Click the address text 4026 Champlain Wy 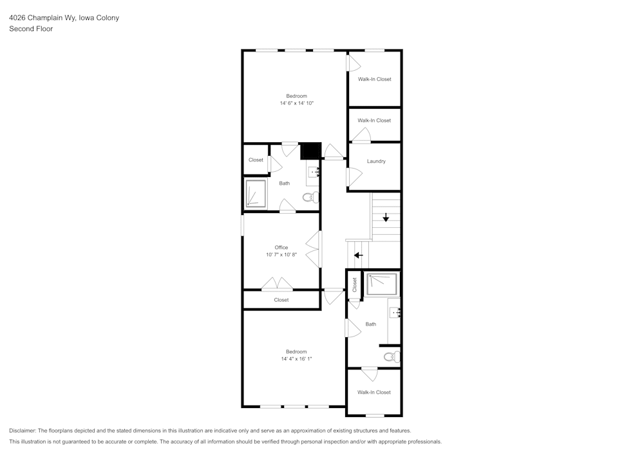pos(43,18)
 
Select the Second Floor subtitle pos(31,29)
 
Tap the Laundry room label pos(376,162)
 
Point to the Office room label pos(281,247)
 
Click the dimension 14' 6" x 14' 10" pos(296,103)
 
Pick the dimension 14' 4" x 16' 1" pos(296,358)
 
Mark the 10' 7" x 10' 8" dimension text pos(281,255)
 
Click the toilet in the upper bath pos(311,197)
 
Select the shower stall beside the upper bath pos(256,194)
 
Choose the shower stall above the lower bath pos(381,284)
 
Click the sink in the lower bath pos(395,312)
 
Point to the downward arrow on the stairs pos(386,218)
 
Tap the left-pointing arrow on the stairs pos(358,255)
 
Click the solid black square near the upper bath pos(310,151)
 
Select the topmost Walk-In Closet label pos(374,79)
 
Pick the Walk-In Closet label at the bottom pos(374,392)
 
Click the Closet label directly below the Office pos(281,300)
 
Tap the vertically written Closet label pos(355,285)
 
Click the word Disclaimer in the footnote pos(23,431)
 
